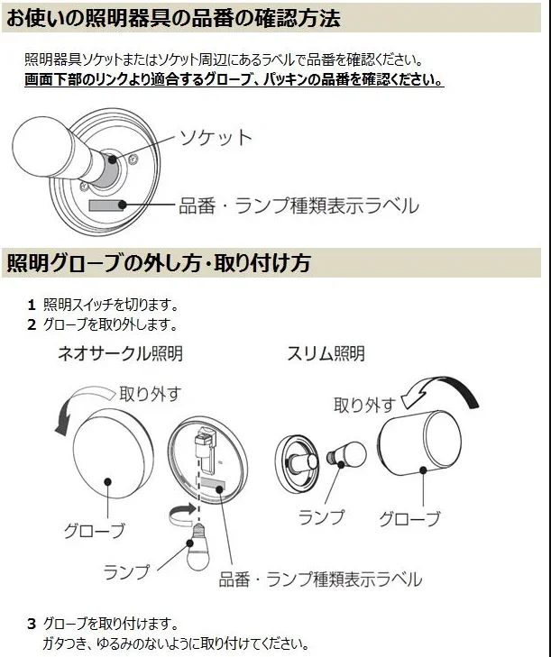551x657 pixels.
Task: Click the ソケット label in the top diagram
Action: [216, 137]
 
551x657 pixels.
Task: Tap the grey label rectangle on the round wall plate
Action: [106, 205]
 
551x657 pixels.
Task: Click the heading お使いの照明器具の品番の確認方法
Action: [173, 18]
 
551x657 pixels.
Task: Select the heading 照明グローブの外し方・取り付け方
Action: [159, 263]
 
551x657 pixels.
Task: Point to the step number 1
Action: [32, 305]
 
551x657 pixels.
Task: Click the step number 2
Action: [32, 324]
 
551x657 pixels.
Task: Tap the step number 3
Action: [32, 624]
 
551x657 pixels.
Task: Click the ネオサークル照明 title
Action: [120, 353]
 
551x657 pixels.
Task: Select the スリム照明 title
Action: [326, 353]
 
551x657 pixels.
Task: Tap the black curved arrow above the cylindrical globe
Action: [440, 389]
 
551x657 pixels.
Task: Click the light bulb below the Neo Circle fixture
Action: [197, 547]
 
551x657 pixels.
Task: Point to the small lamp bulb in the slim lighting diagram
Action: [347, 455]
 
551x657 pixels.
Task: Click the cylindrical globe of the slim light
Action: [419, 443]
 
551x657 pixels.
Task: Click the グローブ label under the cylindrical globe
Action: [409, 519]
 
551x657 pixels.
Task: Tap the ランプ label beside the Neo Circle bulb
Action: [126, 572]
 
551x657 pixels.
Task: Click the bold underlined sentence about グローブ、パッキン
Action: [234, 79]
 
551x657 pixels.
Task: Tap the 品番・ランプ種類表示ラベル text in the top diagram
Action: [299, 205]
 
